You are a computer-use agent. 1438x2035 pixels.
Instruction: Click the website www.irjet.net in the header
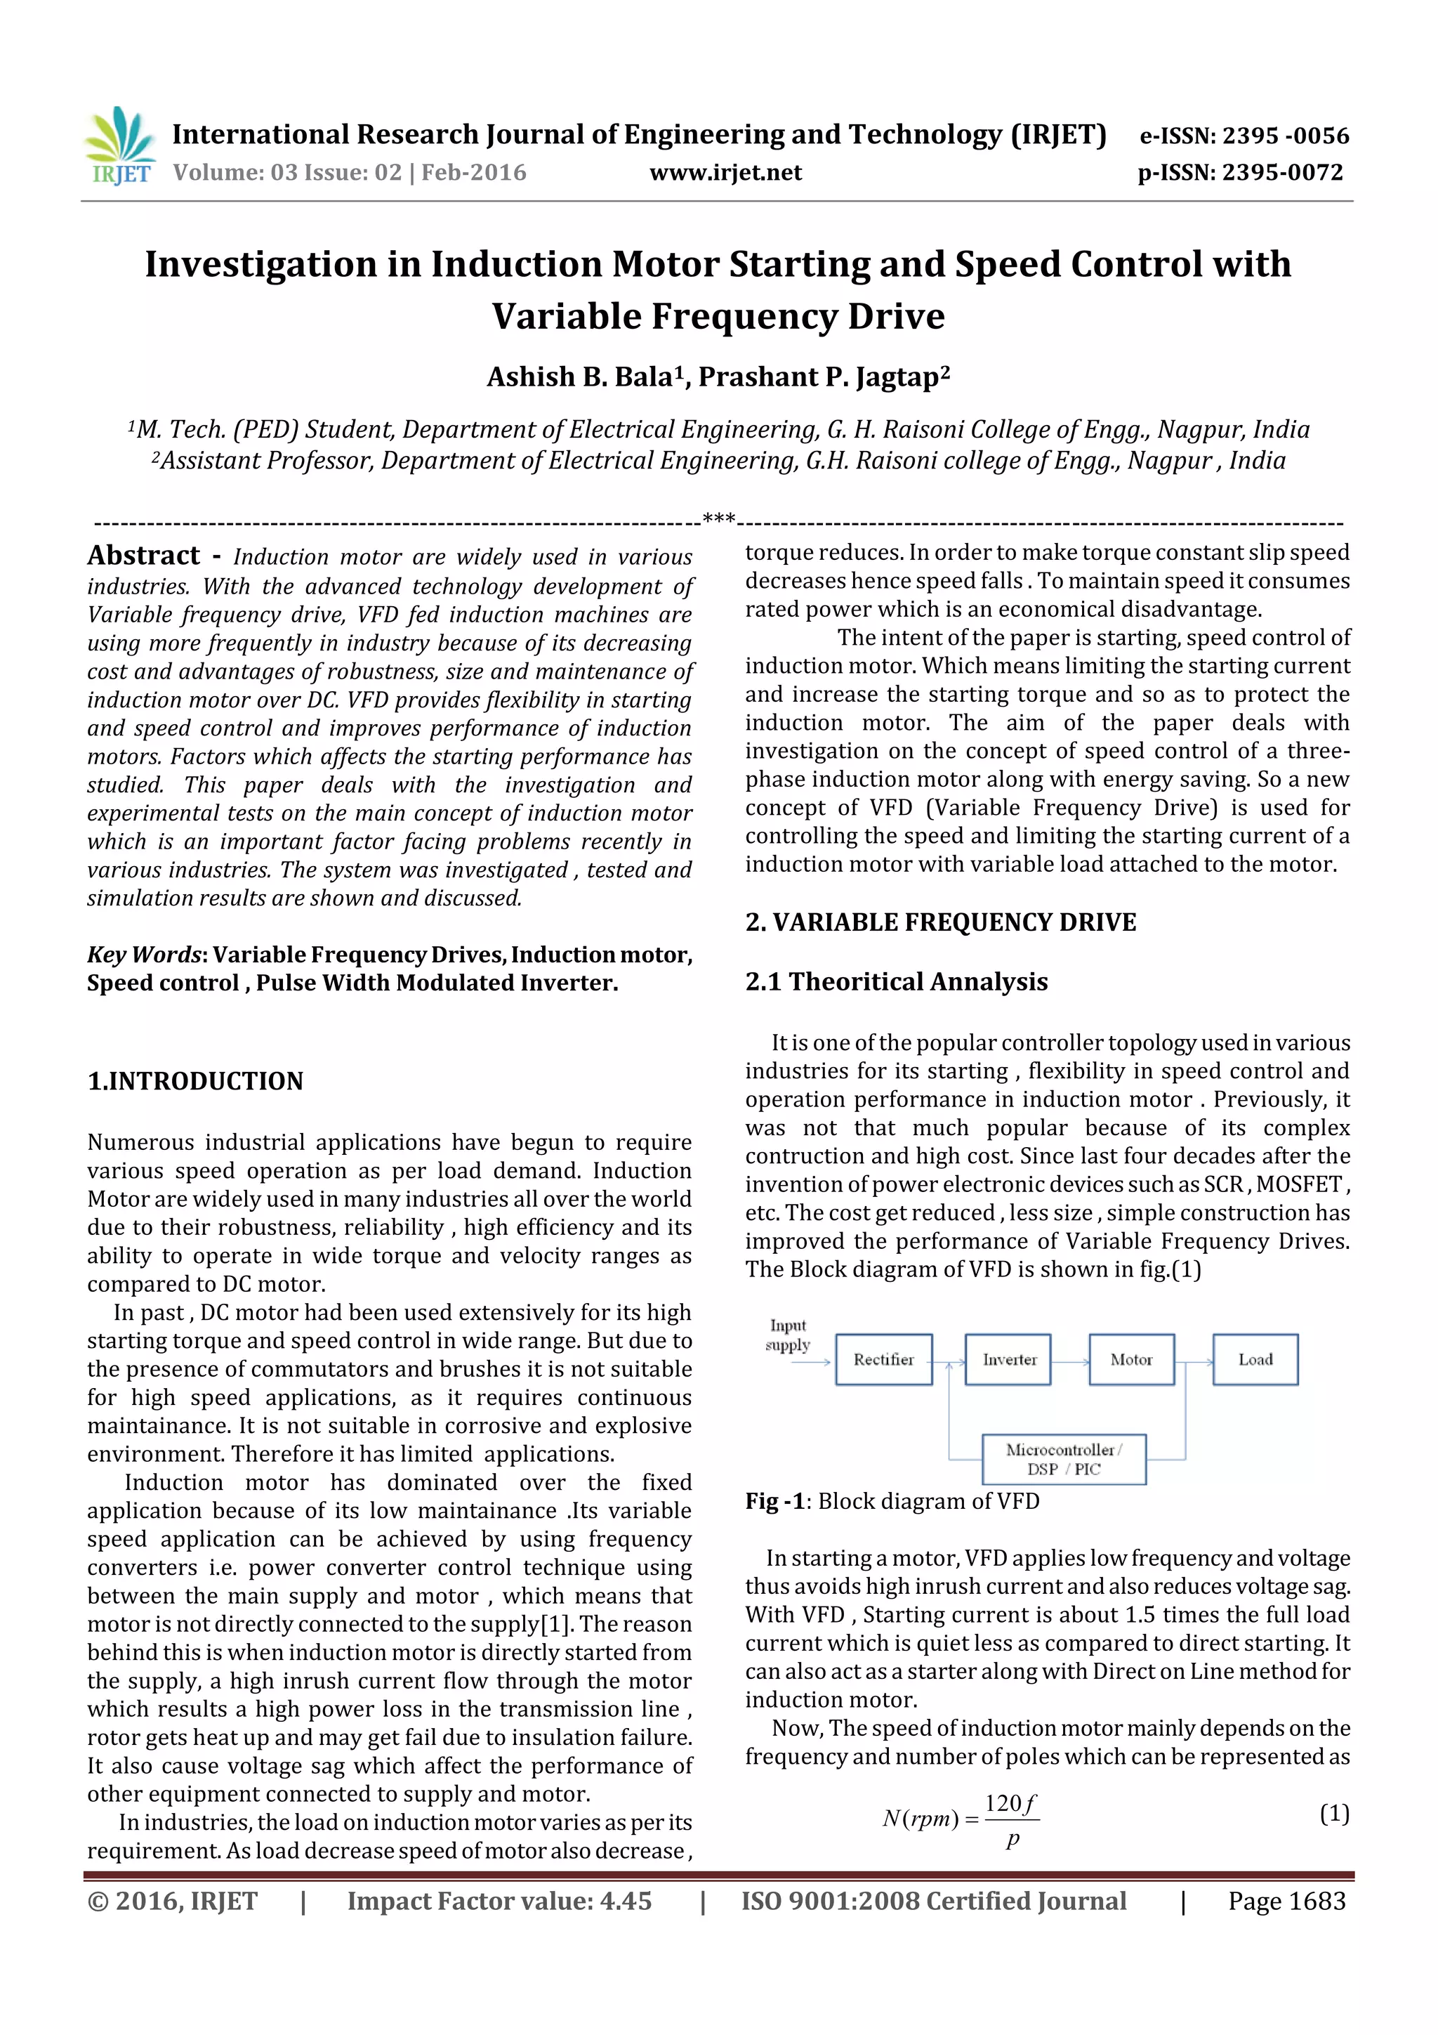[x=725, y=173]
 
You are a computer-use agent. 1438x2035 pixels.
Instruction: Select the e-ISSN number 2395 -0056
[x=1286, y=136]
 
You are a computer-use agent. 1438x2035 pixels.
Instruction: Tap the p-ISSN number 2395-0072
[x=1282, y=173]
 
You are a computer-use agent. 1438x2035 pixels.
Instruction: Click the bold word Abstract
[x=143, y=556]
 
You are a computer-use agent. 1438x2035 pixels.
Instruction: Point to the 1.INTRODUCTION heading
[x=195, y=1080]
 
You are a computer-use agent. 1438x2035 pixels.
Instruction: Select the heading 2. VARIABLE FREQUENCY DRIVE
[x=940, y=922]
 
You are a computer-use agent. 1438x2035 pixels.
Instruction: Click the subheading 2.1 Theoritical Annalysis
[x=896, y=981]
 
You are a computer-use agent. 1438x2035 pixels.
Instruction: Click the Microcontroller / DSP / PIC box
[x=1063, y=1459]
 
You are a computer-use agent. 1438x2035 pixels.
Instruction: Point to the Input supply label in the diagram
[x=788, y=1335]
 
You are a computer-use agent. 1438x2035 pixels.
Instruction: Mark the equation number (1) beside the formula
[x=1333, y=1814]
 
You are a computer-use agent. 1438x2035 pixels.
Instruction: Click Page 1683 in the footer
[x=1286, y=1900]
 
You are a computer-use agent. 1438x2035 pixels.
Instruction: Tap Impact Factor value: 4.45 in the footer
[x=499, y=1900]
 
